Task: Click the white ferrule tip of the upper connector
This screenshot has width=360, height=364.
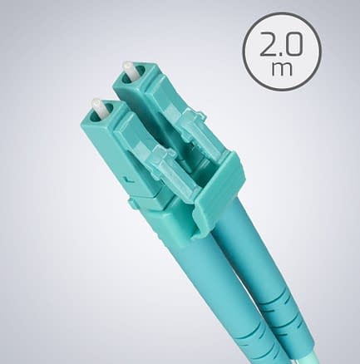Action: pyautogui.click(x=128, y=70)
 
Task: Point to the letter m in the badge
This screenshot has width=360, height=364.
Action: pyautogui.click(x=282, y=69)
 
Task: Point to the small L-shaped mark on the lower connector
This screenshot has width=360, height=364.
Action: pyautogui.click(x=128, y=180)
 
